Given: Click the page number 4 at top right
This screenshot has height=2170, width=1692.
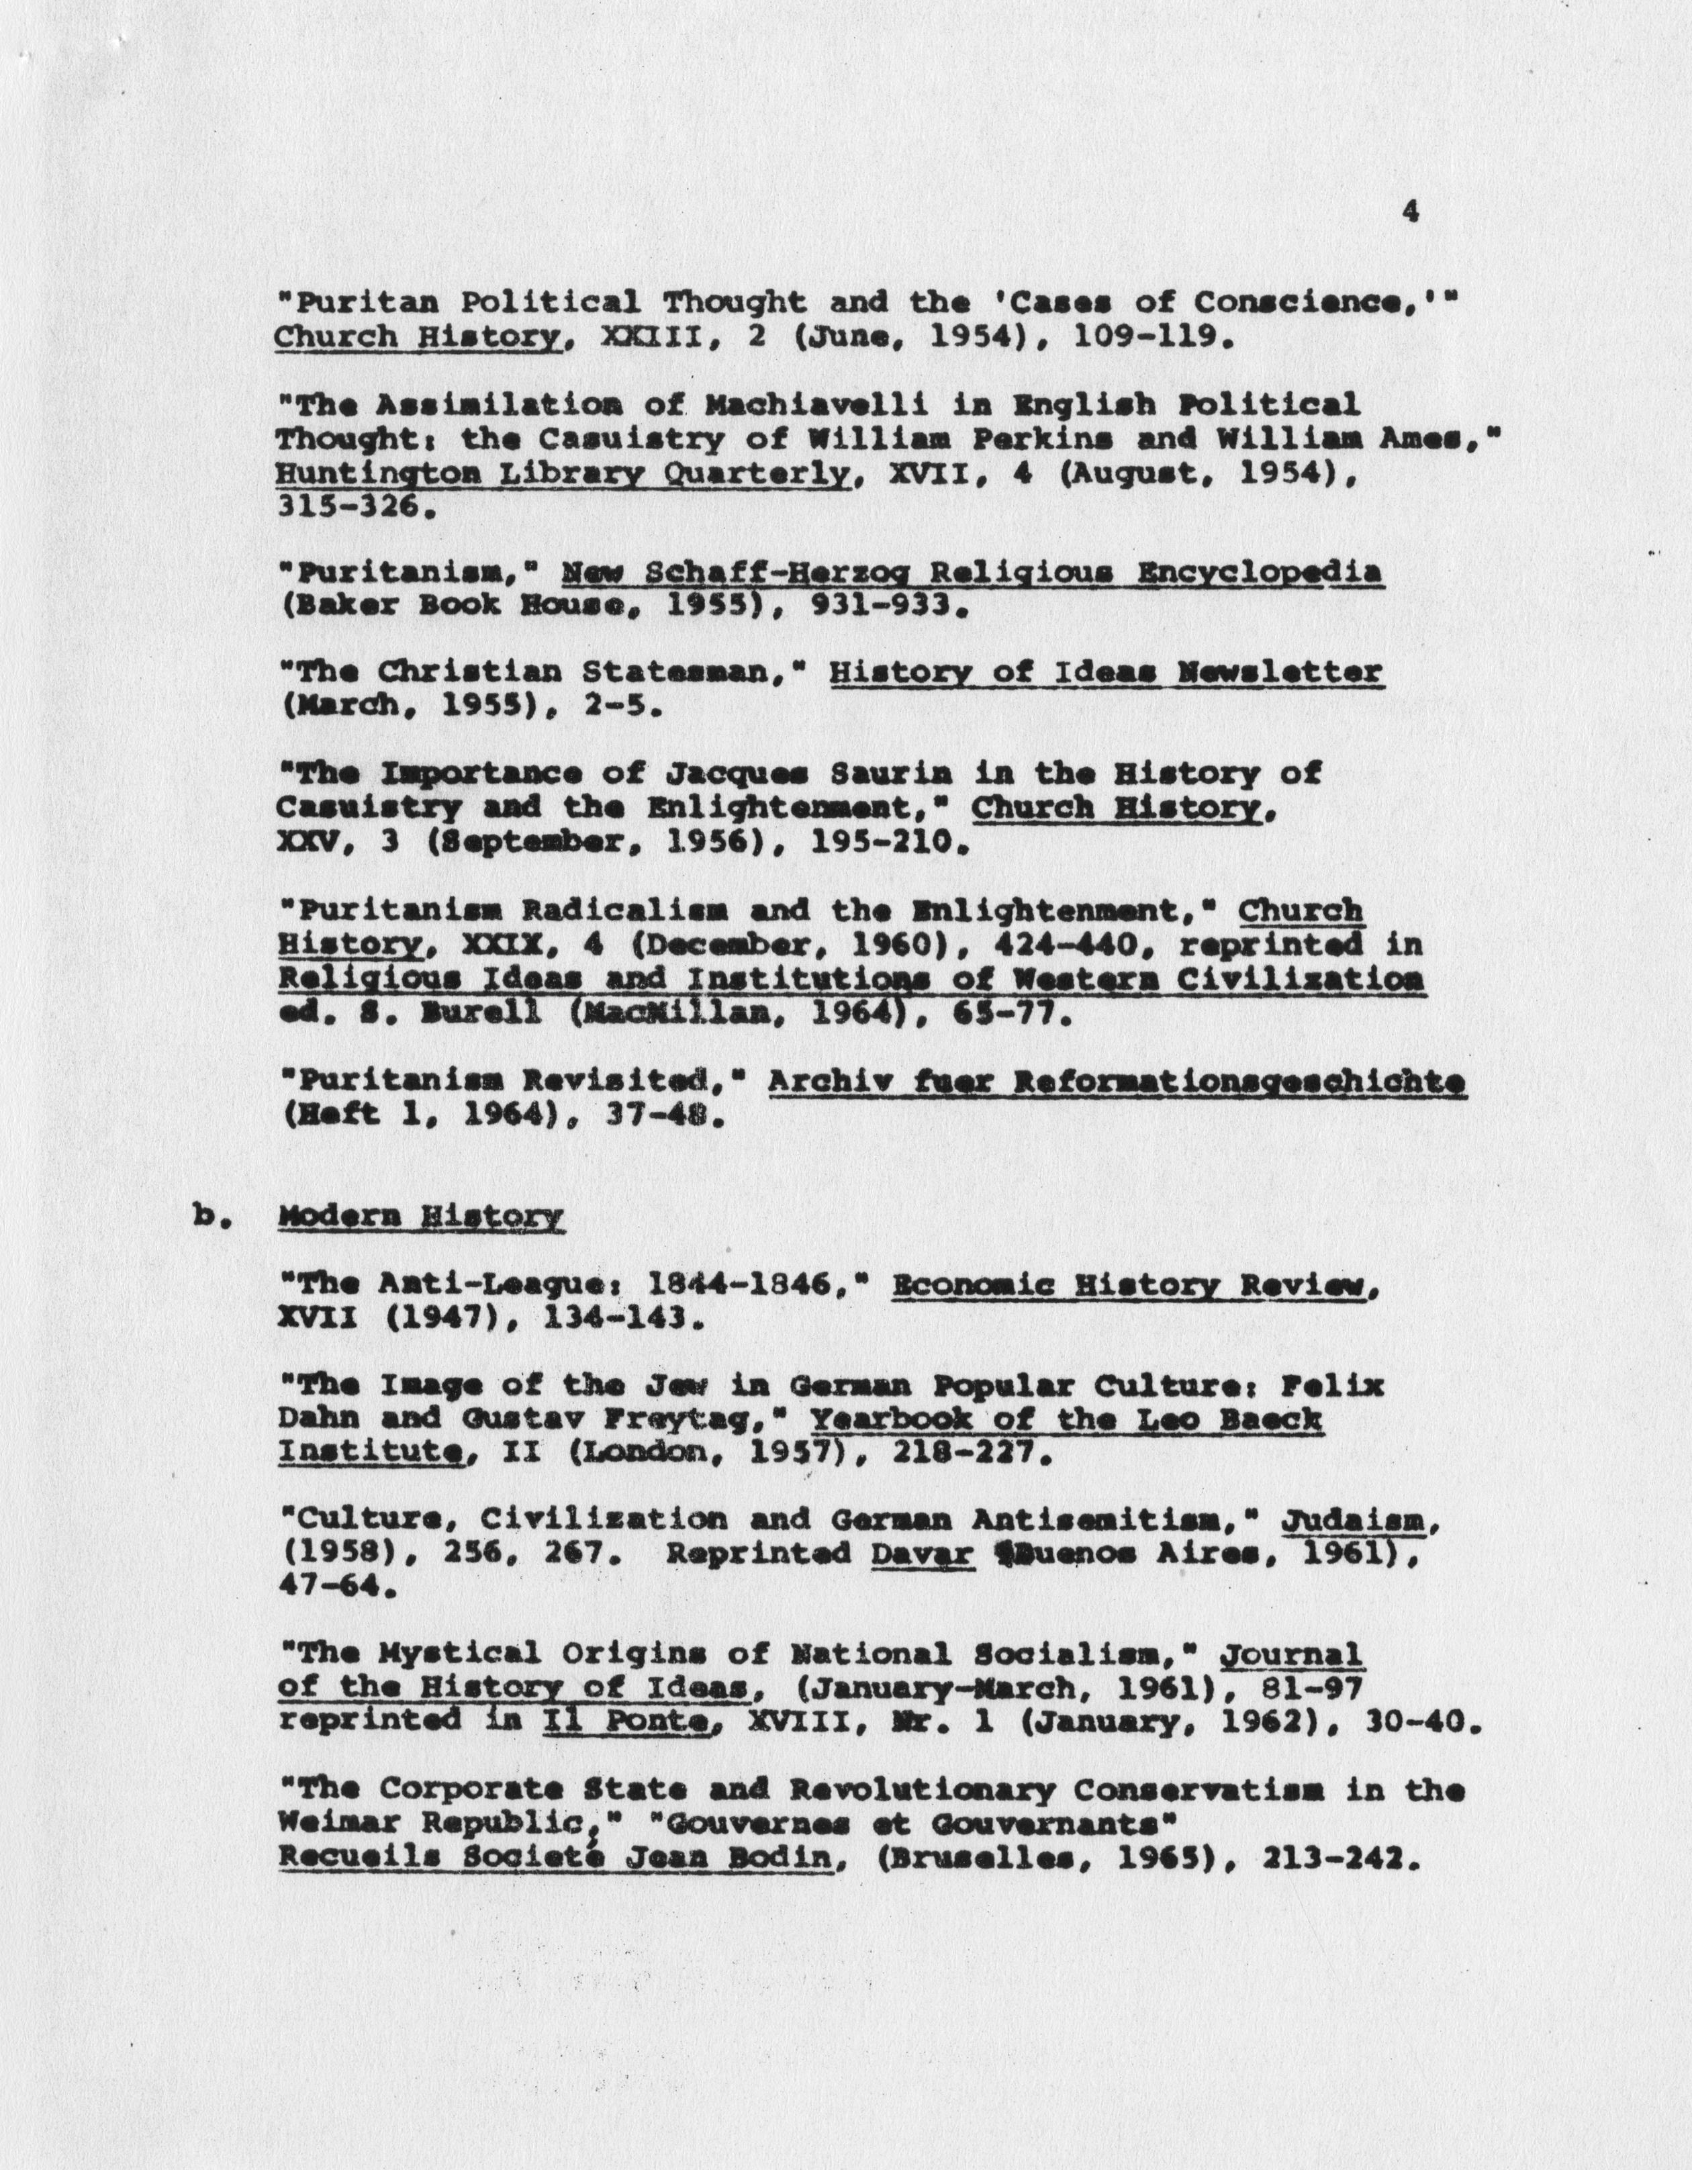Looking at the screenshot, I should tap(1410, 211).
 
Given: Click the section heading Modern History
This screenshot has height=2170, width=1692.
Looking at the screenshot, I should tap(422, 1216).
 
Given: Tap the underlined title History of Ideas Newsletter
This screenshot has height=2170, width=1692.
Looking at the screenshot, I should tap(1104, 673).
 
